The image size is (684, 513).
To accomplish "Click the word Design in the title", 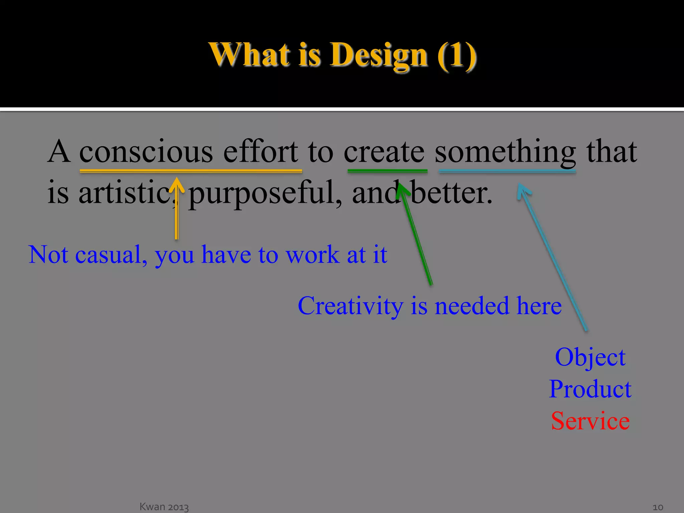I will click(379, 55).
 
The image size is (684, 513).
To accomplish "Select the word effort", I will click(260, 152).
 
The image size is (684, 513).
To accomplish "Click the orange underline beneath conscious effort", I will click(191, 171).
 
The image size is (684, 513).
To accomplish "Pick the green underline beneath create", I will click(387, 171).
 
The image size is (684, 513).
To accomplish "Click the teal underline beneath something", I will click(507, 171).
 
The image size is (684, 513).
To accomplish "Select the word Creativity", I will click(350, 306).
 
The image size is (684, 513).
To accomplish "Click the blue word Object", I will click(590, 357).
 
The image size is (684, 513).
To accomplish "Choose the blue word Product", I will click(590, 389).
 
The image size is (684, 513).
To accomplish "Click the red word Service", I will click(590, 421).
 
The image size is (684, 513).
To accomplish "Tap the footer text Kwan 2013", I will click(164, 507).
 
